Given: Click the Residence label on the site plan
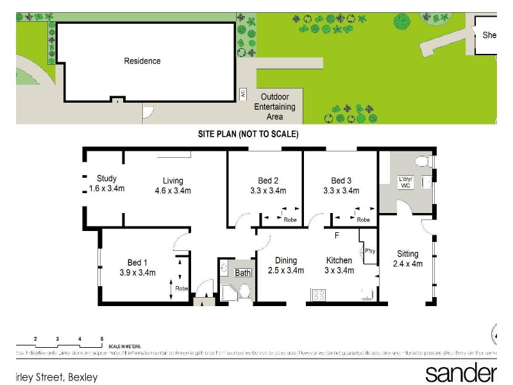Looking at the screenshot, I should [x=142, y=61].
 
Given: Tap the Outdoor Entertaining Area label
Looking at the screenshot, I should [x=274, y=107].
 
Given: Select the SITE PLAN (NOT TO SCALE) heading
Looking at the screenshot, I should [x=248, y=134].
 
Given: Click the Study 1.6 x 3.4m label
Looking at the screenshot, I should [x=106, y=184].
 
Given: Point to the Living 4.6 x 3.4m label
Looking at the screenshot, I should [x=172, y=185].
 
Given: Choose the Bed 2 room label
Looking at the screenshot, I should [x=268, y=185].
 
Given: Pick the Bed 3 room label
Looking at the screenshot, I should [x=341, y=185].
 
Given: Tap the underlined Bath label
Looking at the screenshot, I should [x=242, y=273].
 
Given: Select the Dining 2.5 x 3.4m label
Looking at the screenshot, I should [x=286, y=265].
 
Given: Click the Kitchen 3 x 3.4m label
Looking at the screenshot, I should [x=339, y=265].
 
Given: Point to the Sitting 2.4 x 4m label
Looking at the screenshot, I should [x=407, y=259].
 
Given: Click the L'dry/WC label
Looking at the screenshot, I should [x=405, y=182].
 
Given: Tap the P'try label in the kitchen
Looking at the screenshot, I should [x=370, y=251].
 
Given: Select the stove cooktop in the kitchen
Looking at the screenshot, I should [x=319, y=295].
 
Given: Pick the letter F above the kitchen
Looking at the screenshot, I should [x=335, y=235].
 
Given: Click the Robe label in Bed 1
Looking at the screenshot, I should [x=182, y=288].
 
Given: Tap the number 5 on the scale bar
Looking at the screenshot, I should [x=101, y=338].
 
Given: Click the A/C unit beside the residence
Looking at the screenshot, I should [x=242, y=93].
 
